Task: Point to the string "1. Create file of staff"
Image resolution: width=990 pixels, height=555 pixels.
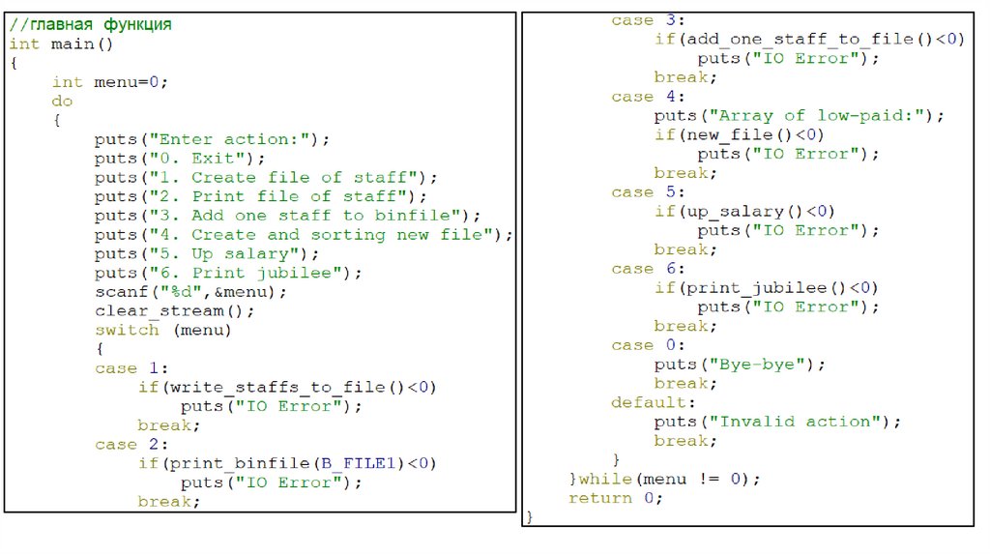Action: point(280,178)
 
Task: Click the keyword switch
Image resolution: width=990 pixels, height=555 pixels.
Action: point(127,330)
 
